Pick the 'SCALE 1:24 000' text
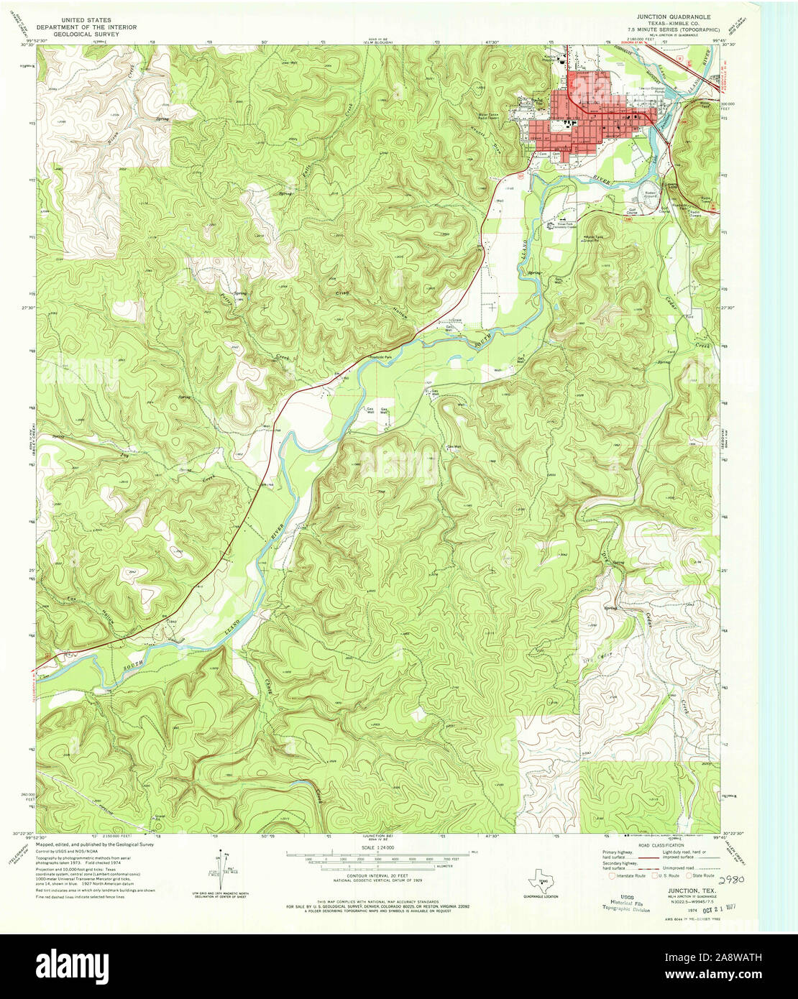click(377, 848)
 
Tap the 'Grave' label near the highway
click(454, 319)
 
